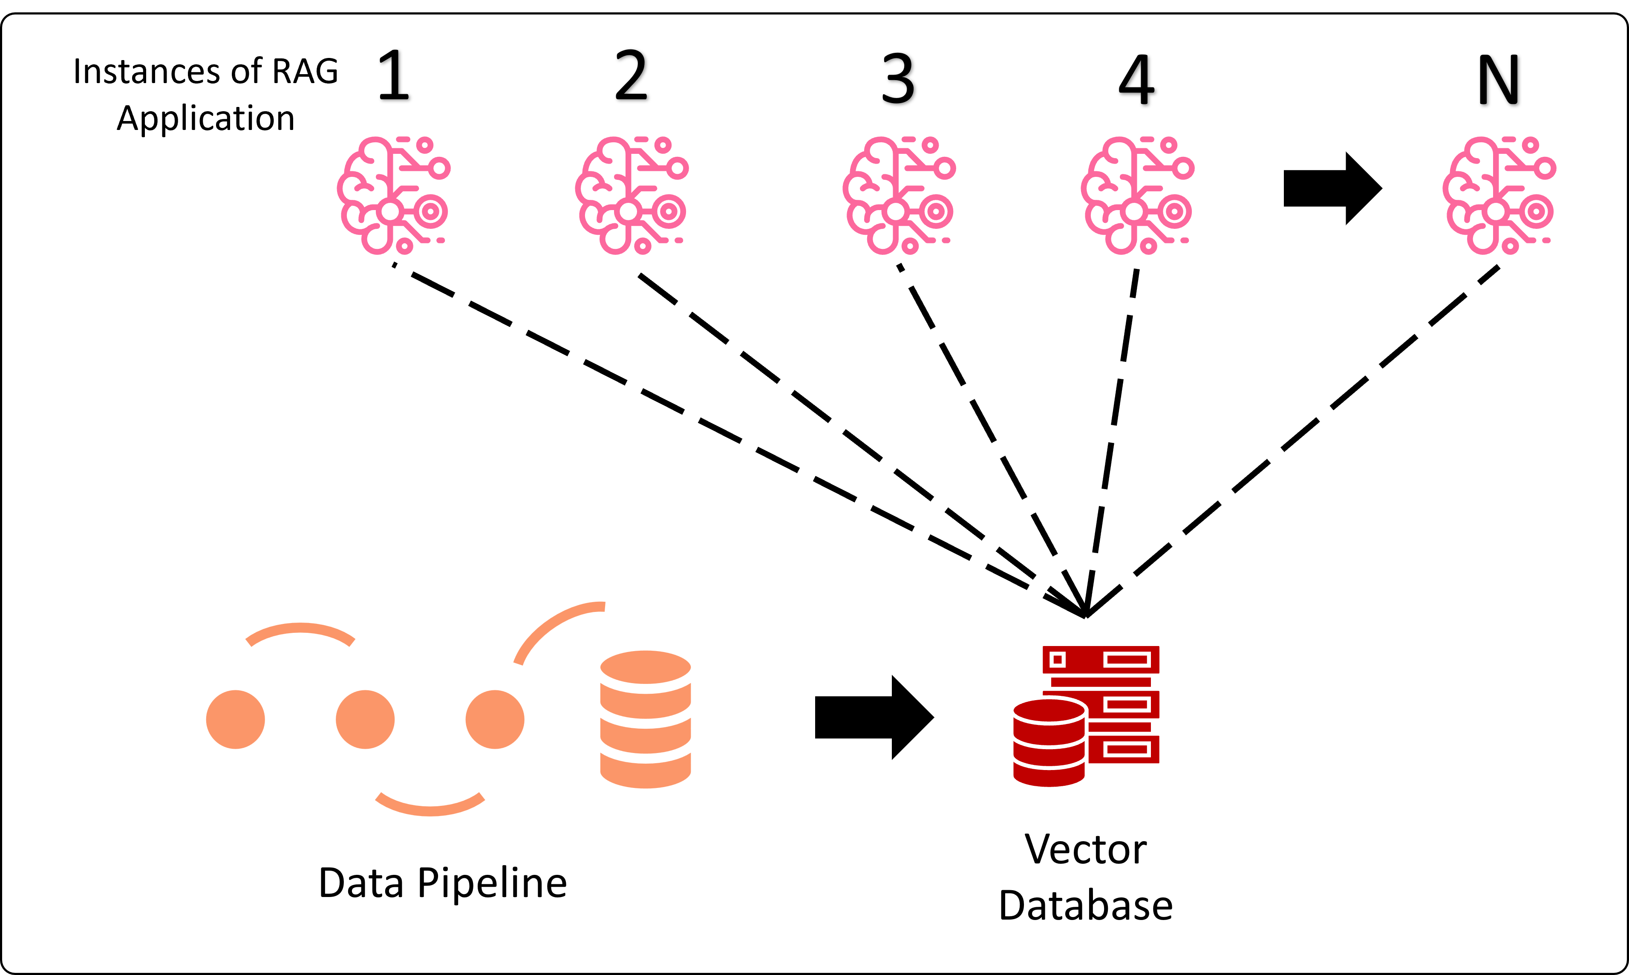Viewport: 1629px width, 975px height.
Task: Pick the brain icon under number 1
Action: point(393,195)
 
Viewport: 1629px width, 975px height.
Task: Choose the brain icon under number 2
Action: point(631,195)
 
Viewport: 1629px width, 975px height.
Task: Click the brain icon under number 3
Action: point(899,195)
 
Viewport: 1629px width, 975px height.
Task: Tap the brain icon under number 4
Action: point(1137,195)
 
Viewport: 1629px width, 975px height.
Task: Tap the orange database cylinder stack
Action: point(645,719)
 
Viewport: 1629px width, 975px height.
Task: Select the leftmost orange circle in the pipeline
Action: point(235,719)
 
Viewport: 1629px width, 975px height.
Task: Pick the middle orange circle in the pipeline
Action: point(365,719)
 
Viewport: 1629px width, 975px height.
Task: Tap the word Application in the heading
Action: point(205,118)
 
